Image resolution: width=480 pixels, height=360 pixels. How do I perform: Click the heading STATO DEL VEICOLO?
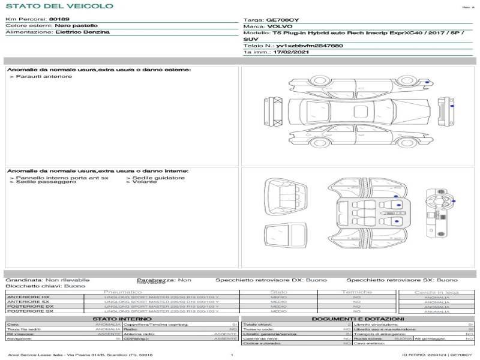59,6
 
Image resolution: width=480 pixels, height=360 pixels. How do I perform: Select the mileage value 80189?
59,20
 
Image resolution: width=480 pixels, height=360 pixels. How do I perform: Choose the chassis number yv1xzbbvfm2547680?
310,46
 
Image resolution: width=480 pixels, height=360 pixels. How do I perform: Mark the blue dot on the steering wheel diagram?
453,202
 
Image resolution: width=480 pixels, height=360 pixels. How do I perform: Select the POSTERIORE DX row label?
28,307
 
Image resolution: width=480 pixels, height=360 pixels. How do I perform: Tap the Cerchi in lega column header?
436,292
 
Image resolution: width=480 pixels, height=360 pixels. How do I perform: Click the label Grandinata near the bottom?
24,280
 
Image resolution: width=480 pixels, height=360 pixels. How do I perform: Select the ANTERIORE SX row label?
28,302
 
